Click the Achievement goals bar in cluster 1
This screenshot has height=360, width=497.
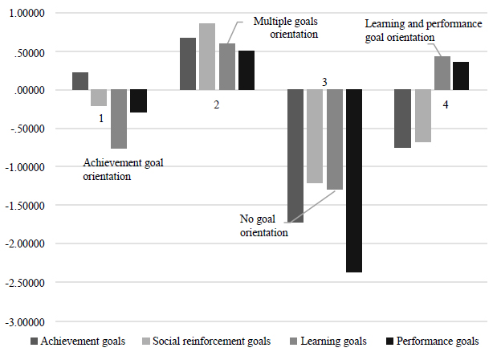click(79, 81)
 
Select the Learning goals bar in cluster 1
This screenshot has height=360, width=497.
click(119, 119)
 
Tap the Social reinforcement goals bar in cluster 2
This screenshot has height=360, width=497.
click(207, 56)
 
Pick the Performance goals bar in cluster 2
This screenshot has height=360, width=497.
click(246, 70)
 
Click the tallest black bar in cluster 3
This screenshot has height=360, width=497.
click(354, 181)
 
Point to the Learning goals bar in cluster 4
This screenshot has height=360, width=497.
click(442, 73)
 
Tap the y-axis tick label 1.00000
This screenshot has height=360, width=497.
click(26, 14)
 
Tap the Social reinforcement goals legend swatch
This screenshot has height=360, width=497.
click(148, 342)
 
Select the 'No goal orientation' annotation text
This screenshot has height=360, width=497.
click(263, 226)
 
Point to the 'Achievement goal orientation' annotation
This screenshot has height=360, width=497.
click(123, 170)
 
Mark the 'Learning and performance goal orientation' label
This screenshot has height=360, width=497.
click(422, 31)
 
